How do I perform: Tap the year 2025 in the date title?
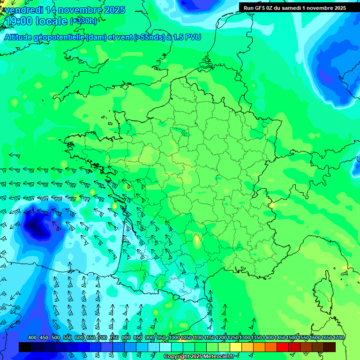tap(112, 10)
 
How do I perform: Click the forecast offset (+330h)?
tap(83, 21)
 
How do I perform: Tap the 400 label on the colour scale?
tap(32, 337)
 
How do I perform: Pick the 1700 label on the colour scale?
tap(338, 337)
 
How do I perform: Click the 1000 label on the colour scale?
tap(174, 337)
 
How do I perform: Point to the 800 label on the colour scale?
tap(126, 337)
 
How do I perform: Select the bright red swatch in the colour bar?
tap(283, 347)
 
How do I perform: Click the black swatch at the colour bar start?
tap(25, 347)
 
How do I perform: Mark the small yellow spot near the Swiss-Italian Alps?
tap(272, 205)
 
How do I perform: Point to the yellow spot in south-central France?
tap(197, 240)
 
